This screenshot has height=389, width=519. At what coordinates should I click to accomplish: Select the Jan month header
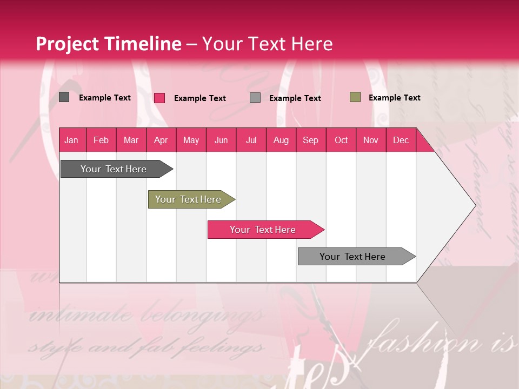pos(71,140)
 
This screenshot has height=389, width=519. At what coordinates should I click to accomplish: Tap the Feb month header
pos(101,140)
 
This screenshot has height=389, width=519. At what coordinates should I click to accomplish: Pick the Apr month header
pos(161,140)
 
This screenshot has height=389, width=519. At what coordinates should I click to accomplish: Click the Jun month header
pos(221,140)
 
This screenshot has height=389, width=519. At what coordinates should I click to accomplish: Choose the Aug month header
pos(281,140)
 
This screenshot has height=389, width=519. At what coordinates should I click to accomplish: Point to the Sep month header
pos(311,140)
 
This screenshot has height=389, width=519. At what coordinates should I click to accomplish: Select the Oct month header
pos(341,140)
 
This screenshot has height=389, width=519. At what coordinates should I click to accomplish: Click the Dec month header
pos(401,140)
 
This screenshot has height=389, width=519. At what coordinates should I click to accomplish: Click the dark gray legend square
pos(64,97)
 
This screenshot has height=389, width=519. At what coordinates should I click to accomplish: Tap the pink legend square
pos(159,98)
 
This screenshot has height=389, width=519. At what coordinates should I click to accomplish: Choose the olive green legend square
pos(355,97)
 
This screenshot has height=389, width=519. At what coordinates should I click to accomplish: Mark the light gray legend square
pos(255,98)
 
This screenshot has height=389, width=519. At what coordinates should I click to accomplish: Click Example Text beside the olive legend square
pos(394,98)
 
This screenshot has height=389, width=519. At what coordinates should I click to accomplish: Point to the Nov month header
pos(371,140)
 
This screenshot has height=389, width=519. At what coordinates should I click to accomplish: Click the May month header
pos(191,140)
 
